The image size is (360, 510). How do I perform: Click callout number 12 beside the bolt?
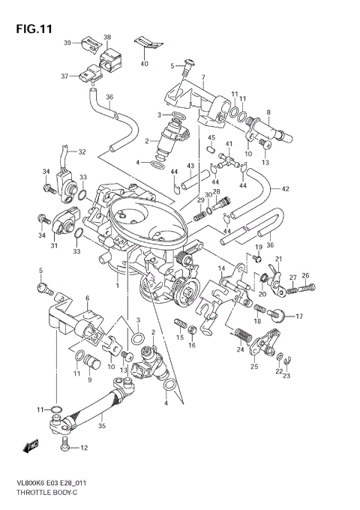(x=84, y=448)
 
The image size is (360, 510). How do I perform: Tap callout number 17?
(x=298, y=316)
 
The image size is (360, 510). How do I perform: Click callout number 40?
(x=144, y=64)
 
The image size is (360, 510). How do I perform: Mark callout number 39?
(x=67, y=43)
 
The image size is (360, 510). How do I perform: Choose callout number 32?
(x=82, y=152)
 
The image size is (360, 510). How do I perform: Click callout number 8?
(x=268, y=112)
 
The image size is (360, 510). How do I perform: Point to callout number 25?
(x=254, y=367)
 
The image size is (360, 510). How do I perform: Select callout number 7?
(x=202, y=76)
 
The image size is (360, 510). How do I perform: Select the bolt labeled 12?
(x=65, y=448)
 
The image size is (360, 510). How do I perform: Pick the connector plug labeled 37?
(x=91, y=76)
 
